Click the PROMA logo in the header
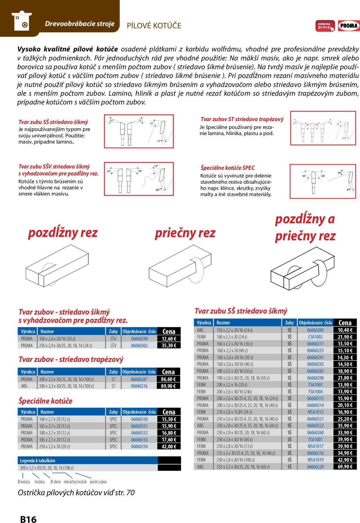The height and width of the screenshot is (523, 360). pos(349,26)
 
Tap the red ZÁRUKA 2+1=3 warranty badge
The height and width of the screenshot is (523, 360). pos(325,26)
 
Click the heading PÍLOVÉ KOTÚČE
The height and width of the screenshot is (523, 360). pos(154,26)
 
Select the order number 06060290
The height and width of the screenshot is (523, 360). pos(139,339)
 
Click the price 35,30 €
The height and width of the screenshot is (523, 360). pos(168,346)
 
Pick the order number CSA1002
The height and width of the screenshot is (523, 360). pos(315,337)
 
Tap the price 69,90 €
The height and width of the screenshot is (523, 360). pos(345,467)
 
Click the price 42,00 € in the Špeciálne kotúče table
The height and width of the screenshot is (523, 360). pos(168,447)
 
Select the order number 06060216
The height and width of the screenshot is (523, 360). pos(139,386)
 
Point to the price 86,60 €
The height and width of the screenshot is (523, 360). pos(168,379)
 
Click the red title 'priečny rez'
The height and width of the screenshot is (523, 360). pos(185,233)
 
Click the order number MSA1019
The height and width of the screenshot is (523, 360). pos(315,460)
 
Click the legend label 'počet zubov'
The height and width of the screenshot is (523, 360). pos(98,482)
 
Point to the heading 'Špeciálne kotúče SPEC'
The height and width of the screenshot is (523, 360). pos(228,168)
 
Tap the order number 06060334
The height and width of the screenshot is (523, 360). pos(139,447)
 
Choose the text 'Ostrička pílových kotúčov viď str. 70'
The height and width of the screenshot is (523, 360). pos(76,493)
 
